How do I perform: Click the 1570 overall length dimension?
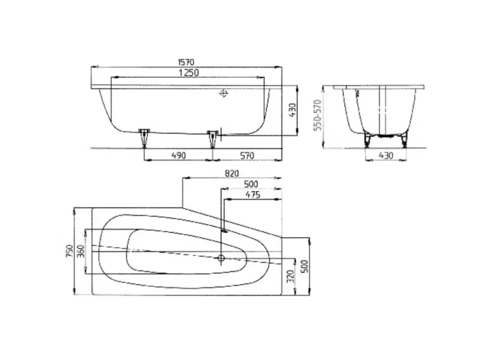tap(186, 62)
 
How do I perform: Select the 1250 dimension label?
tap(189, 73)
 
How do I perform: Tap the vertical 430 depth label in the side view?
tap(293, 110)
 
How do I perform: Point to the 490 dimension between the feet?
tap(179, 155)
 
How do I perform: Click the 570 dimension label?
tap(247, 155)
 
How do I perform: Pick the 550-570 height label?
tap(318, 115)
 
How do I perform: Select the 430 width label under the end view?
tap(386, 155)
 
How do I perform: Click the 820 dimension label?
tap(231, 173)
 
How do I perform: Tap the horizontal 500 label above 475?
tap(251, 184)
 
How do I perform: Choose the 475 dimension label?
tap(253, 195)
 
